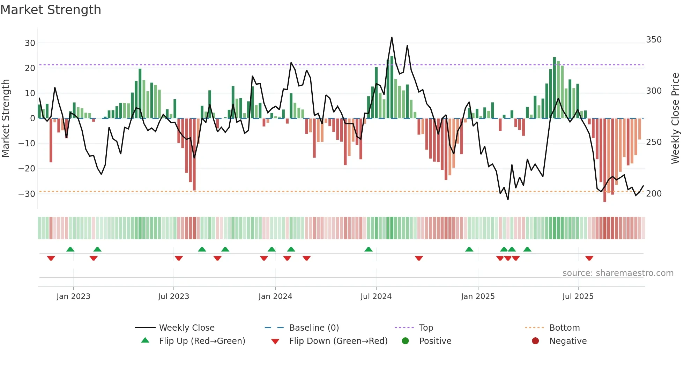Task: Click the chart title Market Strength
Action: click(51, 10)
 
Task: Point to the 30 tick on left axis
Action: click(30, 43)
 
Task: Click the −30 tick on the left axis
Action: click(27, 194)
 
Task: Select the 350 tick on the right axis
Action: click(654, 40)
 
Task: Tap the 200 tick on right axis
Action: click(654, 194)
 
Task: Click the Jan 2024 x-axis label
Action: click(275, 297)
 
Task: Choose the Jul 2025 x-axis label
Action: click(578, 297)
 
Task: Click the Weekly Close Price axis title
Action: click(675, 118)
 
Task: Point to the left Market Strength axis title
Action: click(6, 118)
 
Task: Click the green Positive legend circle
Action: click(405, 341)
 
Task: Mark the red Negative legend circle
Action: click(535, 341)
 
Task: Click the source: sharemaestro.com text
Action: click(618, 273)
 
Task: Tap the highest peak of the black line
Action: click(392, 37)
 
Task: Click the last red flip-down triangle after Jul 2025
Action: click(589, 258)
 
